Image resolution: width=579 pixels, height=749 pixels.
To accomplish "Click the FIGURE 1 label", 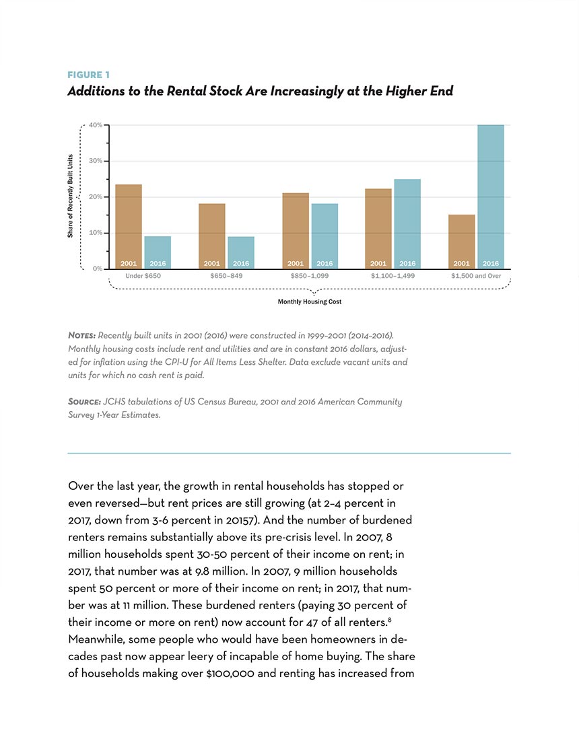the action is point(88,75).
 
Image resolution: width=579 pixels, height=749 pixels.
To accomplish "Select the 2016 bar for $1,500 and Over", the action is point(491,197).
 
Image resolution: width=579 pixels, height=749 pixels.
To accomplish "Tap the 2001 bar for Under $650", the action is point(129,226).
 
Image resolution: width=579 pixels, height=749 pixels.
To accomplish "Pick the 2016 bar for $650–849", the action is point(241,252).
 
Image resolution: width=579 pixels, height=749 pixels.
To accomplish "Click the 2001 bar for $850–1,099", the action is point(296,231).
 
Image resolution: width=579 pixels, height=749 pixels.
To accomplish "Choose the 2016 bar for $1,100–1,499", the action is point(407,224).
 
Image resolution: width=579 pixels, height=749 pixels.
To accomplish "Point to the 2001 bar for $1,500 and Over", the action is point(461,242).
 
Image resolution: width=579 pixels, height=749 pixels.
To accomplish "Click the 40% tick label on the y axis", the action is point(96,125).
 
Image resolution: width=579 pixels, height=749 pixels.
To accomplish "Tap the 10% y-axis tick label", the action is point(96,233).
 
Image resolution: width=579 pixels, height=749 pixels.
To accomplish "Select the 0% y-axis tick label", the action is point(98,269).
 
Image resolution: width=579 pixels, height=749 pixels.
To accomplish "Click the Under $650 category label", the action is point(143,276).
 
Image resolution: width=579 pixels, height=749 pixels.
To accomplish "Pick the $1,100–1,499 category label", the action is point(393,276).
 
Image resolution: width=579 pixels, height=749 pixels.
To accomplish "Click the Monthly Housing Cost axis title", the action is point(310,302).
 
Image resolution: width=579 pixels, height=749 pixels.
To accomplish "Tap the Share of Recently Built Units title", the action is point(70,196).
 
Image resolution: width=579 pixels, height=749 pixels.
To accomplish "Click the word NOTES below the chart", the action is point(81,335).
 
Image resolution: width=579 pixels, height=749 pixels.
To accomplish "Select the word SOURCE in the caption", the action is point(85,402).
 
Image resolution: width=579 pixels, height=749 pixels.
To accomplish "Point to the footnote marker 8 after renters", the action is point(390,620).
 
